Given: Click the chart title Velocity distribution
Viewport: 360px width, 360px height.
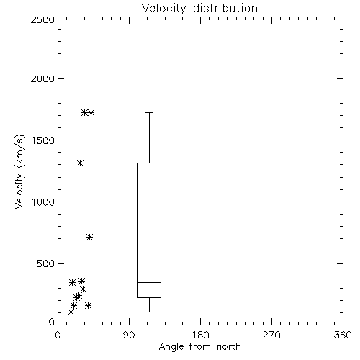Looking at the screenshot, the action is coord(199,8).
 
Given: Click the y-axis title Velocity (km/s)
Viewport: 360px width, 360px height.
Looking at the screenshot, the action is coord(19,171).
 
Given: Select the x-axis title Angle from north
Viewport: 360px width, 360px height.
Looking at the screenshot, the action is coord(199,347).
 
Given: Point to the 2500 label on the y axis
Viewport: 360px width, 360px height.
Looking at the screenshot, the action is coord(42,19).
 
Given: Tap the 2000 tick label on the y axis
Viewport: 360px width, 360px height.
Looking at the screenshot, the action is coord(42,79).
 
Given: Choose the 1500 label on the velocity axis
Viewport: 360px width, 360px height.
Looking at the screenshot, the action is coord(43,140).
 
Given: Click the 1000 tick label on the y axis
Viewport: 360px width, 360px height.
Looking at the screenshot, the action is coord(43,202).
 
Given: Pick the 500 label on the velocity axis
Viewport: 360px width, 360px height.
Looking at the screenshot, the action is coord(46,264).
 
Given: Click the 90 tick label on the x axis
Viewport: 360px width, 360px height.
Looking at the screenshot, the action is coord(129,335).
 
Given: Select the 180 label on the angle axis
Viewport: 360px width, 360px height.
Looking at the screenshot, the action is coord(200,335).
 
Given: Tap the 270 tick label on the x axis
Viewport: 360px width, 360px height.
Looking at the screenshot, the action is coord(271,335).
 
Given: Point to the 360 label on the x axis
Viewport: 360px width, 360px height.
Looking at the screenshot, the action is coord(343,335).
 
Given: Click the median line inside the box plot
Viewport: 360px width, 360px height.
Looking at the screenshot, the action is coord(149,282).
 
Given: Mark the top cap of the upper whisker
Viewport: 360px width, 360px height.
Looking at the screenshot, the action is coord(149,112).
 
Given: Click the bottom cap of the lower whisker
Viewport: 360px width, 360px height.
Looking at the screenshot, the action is coord(149,312).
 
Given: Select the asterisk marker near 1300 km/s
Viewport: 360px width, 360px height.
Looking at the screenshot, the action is coord(80,163).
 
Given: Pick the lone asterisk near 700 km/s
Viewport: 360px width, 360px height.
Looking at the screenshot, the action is coord(89,238).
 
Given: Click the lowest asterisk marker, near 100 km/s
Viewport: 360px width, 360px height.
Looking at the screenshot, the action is coord(71,312).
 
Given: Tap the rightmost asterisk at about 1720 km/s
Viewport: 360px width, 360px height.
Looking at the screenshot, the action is coord(91,112).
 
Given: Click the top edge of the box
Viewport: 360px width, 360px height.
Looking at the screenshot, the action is coord(149,163).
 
